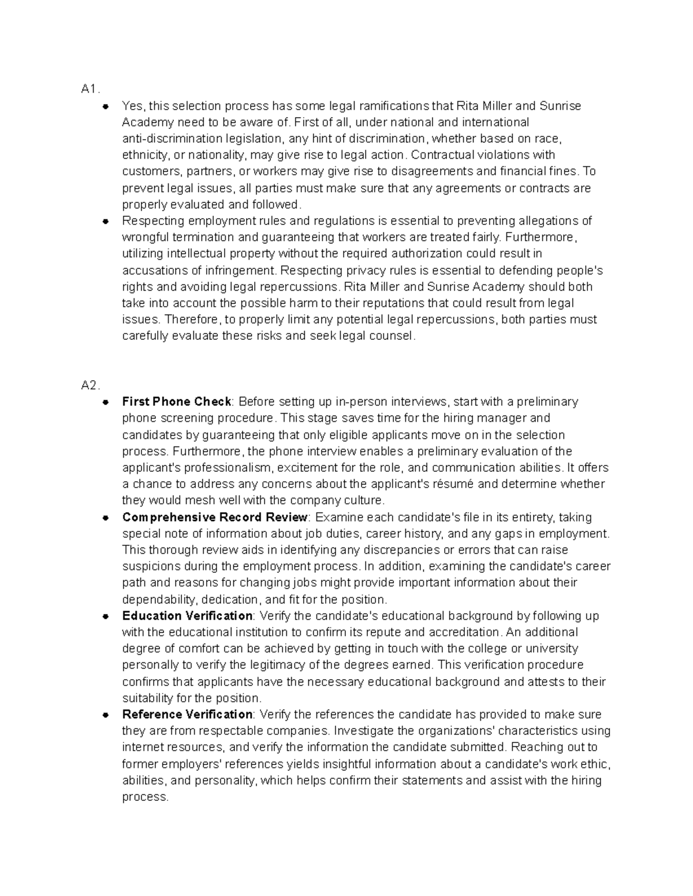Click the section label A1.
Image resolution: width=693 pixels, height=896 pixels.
point(90,89)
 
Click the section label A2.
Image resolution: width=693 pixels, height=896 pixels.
point(91,385)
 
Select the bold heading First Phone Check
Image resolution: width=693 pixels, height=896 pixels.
point(177,402)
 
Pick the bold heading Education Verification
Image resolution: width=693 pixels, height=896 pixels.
point(187,616)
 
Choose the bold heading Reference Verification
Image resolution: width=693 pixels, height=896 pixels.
point(187,714)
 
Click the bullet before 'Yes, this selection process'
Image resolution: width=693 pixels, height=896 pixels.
point(105,106)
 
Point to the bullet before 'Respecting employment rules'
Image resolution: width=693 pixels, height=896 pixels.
point(105,221)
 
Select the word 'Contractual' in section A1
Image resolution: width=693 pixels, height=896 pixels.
point(440,155)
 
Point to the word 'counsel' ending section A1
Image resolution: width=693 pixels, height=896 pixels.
point(393,336)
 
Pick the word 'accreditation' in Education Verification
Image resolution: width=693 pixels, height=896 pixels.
point(463,632)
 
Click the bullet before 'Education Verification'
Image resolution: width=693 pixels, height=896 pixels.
point(105,616)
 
